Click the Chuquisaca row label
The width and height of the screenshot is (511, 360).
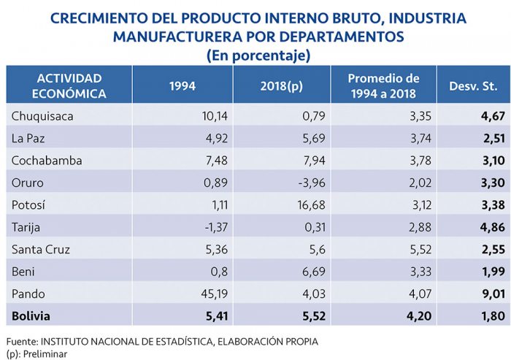[x=43, y=115]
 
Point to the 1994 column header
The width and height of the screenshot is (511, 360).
[x=182, y=85]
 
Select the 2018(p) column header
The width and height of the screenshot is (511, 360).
[x=280, y=85]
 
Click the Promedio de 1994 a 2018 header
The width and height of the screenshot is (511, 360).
[x=383, y=85]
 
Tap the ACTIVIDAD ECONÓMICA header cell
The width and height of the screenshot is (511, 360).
[x=70, y=85]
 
